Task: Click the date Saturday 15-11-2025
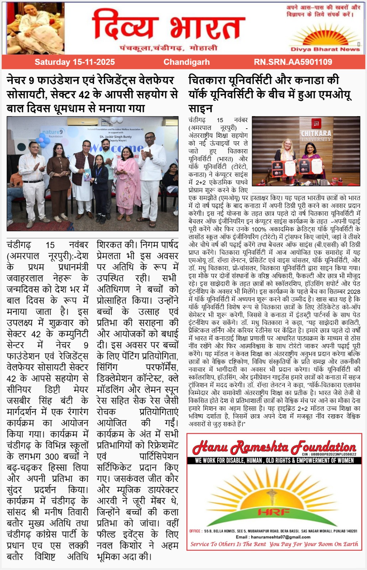point(74,62)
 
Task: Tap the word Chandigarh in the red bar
point(187,62)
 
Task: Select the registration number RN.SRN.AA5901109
point(293,62)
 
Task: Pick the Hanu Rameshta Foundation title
point(274,447)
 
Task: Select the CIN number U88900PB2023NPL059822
point(329,454)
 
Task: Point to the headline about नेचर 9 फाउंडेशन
point(93,94)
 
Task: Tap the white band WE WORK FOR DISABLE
point(274,460)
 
